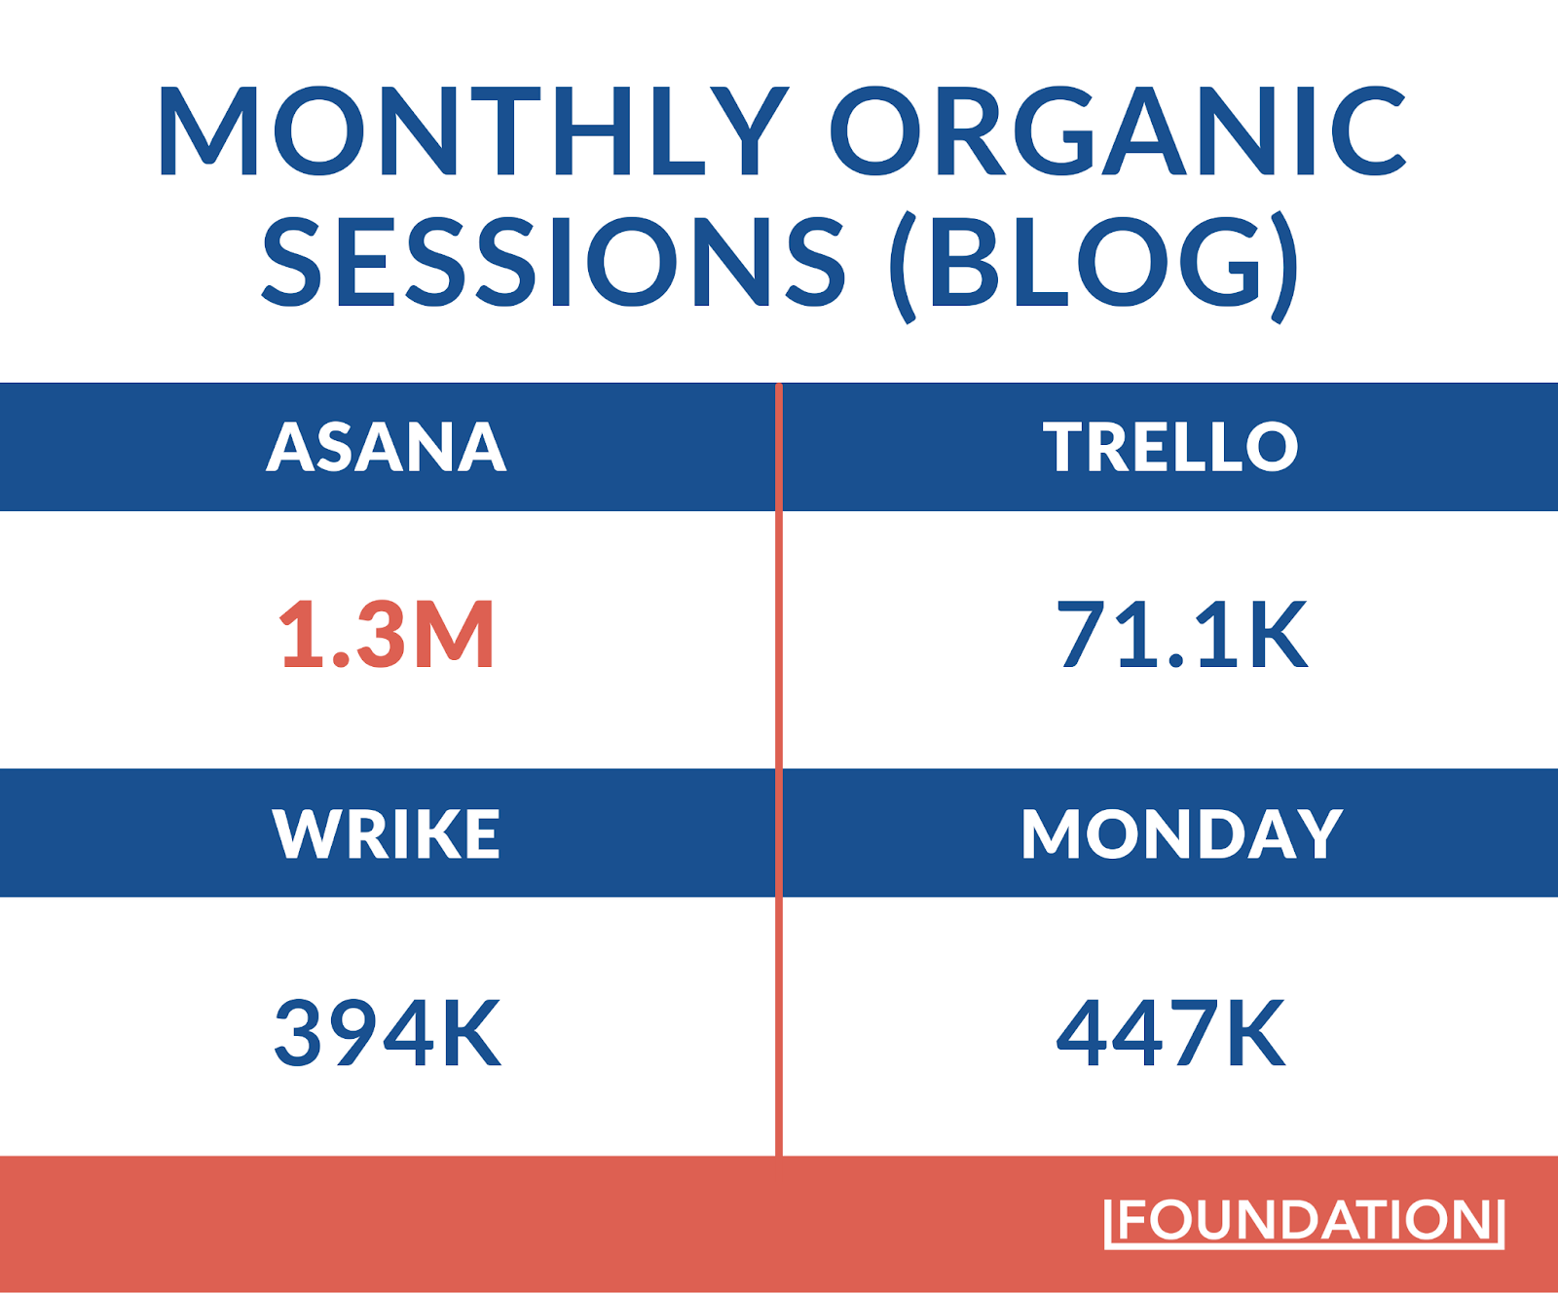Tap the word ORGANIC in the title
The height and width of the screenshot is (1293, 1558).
pyautogui.click(x=1118, y=131)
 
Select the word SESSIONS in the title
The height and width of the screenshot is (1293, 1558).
pyautogui.click(x=553, y=261)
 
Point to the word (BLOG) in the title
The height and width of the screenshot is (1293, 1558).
pyautogui.click(x=1094, y=265)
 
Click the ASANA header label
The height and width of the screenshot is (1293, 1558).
pyautogui.click(x=387, y=447)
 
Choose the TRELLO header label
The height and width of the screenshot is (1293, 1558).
pyautogui.click(x=1170, y=447)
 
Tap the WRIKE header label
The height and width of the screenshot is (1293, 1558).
pyautogui.click(x=386, y=833)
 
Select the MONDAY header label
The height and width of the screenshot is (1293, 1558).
pyautogui.click(x=1182, y=833)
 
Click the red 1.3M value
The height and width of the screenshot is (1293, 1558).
pyautogui.click(x=387, y=634)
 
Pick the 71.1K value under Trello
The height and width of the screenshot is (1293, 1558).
pyautogui.click(x=1182, y=634)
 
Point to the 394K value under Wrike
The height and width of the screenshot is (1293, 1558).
pyautogui.click(x=388, y=1032)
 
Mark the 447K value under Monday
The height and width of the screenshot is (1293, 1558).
pyautogui.click(x=1170, y=1032)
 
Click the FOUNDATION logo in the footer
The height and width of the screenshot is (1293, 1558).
pyautogui.click(x=1305, y=1221)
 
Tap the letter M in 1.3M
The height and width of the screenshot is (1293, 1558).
pyautogui.click(x=454, y=634)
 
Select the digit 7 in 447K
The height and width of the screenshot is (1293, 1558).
pyautogui.click(x=1189, y=1032)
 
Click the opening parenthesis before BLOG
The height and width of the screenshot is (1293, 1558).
pyautogui.click(x=904, y=267)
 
